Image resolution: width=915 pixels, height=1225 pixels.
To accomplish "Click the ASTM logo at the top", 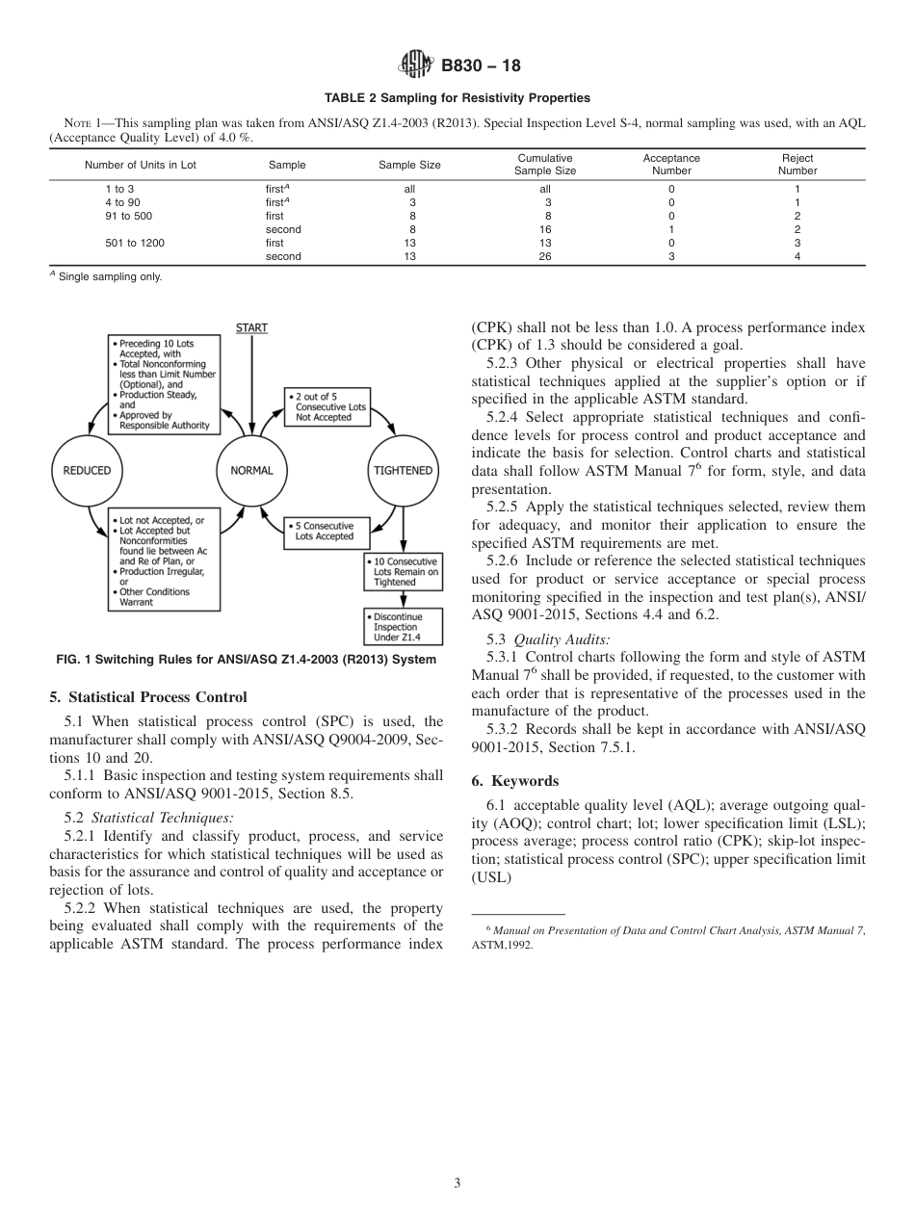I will (417, 65).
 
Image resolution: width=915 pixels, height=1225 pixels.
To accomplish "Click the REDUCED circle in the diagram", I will (88, 470).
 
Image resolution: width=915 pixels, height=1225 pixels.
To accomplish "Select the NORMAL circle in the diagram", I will (251, 470).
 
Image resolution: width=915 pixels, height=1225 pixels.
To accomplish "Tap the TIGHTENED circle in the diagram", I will (402, 470).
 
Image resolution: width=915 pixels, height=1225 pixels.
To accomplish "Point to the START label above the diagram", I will (251, 328).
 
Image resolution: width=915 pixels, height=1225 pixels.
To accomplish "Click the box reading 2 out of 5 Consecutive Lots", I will (327, 406).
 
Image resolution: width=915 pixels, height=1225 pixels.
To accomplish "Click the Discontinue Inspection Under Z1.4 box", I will (404, 627).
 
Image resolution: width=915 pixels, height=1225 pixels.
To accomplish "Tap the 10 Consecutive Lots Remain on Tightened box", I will (404, 571).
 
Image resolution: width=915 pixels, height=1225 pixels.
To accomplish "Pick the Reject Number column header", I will (797, 165).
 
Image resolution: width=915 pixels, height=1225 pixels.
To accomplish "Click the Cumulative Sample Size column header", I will (545, 165).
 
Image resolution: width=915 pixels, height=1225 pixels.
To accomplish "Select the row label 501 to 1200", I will (135, 244).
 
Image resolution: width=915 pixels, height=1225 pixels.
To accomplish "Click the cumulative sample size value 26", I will (545, 257).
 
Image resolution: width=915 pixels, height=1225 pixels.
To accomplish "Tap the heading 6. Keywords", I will (515, 780).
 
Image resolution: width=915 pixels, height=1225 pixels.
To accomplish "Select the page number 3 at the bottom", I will (457, 1183).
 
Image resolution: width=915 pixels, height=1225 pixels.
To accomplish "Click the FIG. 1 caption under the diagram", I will (246, 660).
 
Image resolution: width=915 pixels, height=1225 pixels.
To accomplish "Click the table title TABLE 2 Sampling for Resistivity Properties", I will (457, 98).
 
